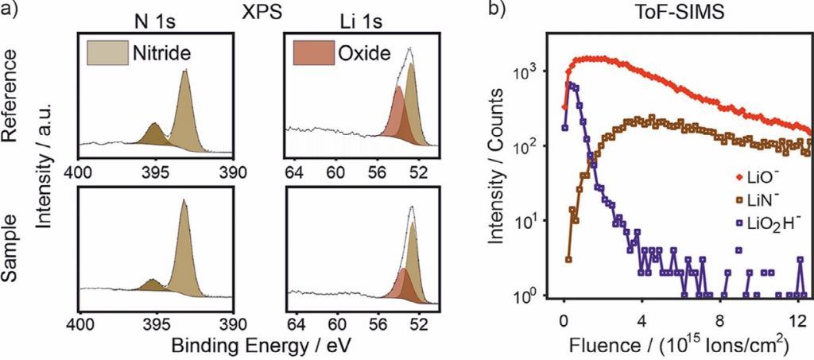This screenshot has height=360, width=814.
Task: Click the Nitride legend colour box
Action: point(103,53)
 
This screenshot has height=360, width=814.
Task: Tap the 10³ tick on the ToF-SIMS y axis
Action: point(541,72)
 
